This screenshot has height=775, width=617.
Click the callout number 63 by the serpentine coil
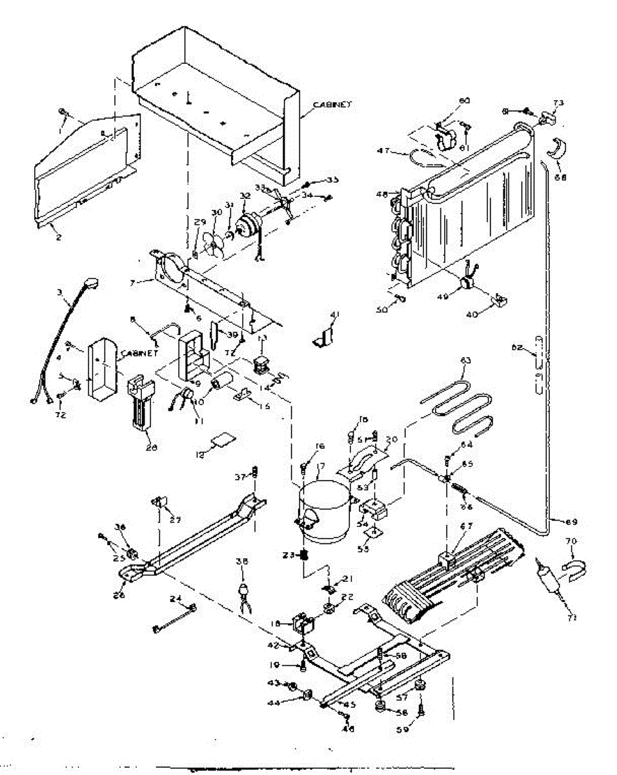coord(466,378)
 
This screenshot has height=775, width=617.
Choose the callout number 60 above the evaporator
coord(464,101)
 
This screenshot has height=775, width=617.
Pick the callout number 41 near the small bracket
coord(334,315)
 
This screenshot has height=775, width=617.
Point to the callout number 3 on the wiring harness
coord(60,293)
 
